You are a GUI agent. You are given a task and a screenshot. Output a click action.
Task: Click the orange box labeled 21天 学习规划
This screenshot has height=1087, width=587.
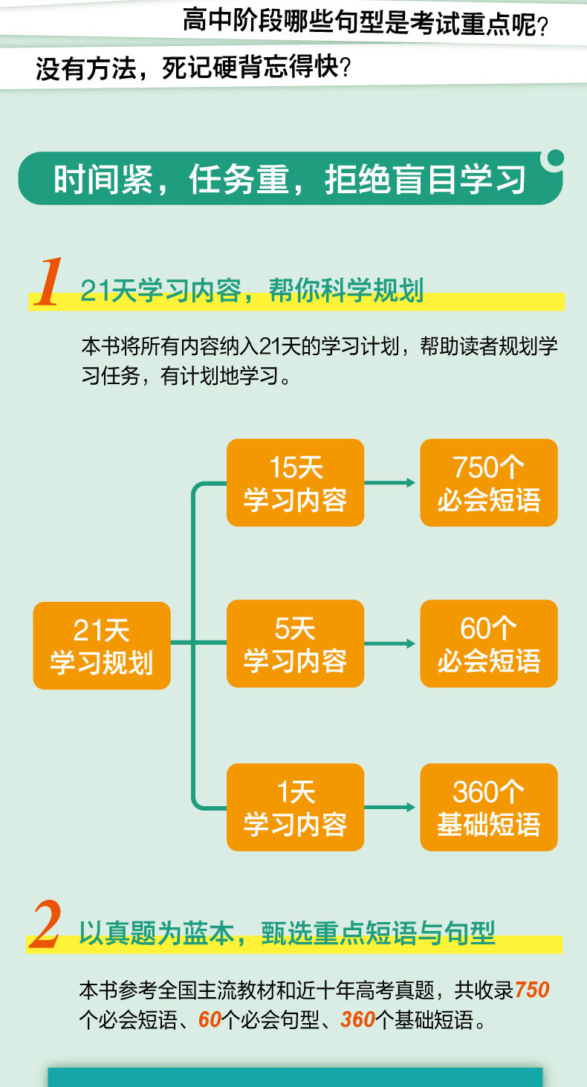tap(102, 645)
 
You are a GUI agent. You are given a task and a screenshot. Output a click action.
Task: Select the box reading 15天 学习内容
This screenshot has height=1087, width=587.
tap(295, 483)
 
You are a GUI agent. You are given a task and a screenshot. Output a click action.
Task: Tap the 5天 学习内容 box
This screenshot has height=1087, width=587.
tap(295, 643)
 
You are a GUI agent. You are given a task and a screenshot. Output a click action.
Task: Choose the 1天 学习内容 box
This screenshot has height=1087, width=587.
tap(295, 807)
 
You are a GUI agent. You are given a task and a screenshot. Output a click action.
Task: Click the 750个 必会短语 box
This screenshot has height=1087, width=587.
tap(489, 483)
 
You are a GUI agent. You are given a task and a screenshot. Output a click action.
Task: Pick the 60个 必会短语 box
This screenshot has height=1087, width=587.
tap(489, 643)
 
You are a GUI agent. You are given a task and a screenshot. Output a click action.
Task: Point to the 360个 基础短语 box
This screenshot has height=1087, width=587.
tap(489, 807)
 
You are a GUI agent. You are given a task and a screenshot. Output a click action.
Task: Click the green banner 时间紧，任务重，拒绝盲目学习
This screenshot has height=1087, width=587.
tap(290, 179)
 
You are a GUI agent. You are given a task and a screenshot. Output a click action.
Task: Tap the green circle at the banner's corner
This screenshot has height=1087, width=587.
tap(554, 158)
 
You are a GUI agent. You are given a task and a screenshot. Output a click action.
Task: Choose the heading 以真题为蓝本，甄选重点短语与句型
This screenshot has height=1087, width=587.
tap(287, 933)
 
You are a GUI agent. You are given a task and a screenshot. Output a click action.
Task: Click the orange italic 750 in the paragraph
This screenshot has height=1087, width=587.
tap(531, 990)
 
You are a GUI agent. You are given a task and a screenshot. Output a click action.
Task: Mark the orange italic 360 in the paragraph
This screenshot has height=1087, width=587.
tap(357, 1020)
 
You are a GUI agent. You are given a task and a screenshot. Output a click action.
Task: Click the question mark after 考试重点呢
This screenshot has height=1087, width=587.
tap(542, 27)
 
